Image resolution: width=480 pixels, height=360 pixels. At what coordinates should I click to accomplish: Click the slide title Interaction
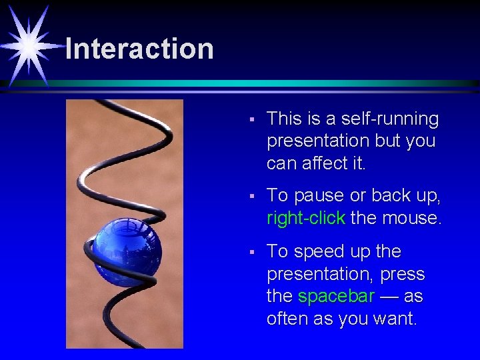click(139, 49)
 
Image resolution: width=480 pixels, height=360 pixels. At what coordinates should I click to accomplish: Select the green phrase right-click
click(306, 218)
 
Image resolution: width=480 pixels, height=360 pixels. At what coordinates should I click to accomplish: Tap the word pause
click(318, 196)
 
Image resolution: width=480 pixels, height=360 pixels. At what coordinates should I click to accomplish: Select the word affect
click(323, 163)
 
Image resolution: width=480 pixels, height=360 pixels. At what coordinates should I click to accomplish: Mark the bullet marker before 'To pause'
click(251, 197)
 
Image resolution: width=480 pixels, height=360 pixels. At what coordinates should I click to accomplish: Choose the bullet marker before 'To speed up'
click(251, 253)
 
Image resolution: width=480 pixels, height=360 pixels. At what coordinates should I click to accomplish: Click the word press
click(405, 275)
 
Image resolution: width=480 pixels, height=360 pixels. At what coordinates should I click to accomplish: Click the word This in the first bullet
click(284, 119)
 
